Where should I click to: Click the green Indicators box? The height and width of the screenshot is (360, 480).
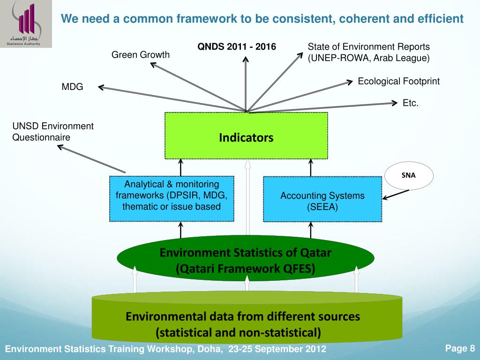(246, 136)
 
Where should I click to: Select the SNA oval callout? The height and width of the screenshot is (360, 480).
(409, 176)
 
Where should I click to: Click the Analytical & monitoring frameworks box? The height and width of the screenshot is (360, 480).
(172, 198)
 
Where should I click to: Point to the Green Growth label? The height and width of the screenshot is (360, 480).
(141, 55)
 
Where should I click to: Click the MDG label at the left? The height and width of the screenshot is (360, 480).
(72, 87)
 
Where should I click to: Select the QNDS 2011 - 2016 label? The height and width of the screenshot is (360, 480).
(237, 47)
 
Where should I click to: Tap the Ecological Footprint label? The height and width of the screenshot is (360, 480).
(398, 82)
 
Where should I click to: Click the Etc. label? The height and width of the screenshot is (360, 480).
(410, 103)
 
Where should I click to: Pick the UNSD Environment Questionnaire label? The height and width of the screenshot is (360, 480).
(52, 132)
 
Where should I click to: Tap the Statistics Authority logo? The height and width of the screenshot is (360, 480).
(26, 23)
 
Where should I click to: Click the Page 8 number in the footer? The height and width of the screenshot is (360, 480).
(460, 348)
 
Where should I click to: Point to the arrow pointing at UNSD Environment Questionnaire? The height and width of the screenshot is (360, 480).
(91, 158)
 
